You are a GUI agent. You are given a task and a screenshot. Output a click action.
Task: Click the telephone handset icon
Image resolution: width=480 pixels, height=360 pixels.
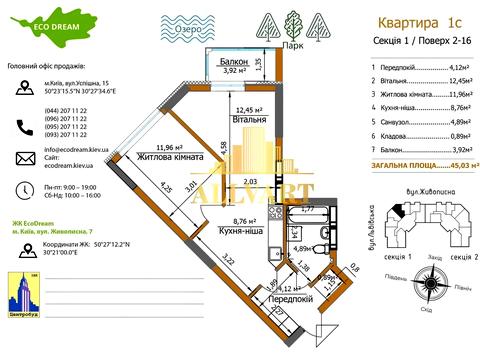tap(23, 127)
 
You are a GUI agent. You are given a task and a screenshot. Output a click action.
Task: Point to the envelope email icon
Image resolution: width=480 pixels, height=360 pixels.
tap(23, 158)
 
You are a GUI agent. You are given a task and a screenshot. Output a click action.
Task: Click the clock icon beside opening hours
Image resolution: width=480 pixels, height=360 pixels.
tap(23, 191)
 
